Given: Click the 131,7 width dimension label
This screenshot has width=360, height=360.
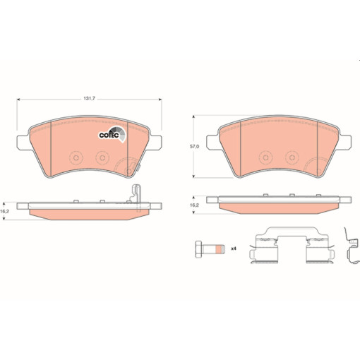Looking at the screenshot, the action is [x=89, y=99].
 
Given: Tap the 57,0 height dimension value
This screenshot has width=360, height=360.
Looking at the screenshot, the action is [x=194, y=146].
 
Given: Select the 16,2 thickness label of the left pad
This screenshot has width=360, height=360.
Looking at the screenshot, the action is [x=4, y=211].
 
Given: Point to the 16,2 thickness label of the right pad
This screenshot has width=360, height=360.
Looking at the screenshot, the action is [x=194, y=205].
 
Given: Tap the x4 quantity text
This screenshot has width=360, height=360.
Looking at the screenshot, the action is [x=234, y=248].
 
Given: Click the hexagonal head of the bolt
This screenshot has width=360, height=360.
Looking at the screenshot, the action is [x=198, y=249].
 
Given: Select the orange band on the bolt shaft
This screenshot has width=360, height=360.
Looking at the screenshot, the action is [x=219, y=249].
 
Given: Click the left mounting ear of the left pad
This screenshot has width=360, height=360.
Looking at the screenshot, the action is [x=23, y=143].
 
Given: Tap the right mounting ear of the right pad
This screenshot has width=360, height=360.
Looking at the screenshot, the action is [x=345, y=142].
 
